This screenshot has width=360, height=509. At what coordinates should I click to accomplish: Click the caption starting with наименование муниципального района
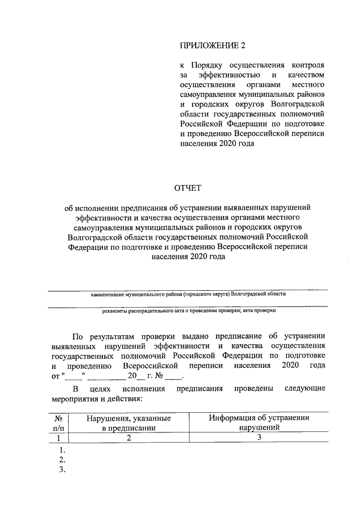188,294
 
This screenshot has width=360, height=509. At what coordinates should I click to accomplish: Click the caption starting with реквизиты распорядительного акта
188,310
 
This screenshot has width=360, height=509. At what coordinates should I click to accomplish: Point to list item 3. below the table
62,470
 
